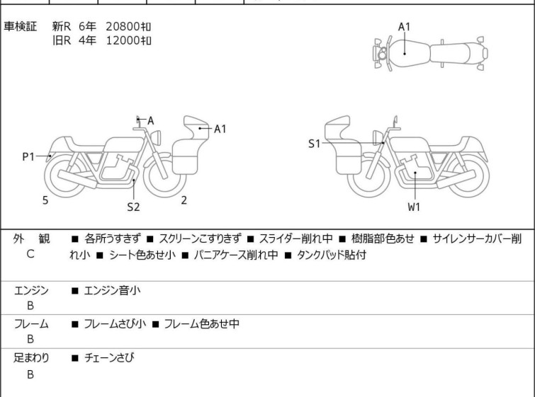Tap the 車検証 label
(20, 26)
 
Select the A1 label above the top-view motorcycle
(405, 27)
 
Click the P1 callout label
(28, 157)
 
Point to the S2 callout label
(133, 207)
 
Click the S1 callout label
(314, 144)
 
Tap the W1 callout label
(414, 207)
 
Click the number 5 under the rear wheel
(45, 200)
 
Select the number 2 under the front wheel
(184, 200)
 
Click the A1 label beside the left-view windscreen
(220, 129)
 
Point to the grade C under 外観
(30, 254)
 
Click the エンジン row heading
(31, 291)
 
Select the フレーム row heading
(31, 323)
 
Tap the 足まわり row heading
(31, 357)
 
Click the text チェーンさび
(109, 357)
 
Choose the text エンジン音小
(112, 290)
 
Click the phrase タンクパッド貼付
(332, 255)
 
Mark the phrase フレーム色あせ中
(202, 323)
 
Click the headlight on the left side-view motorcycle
(156, 138)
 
